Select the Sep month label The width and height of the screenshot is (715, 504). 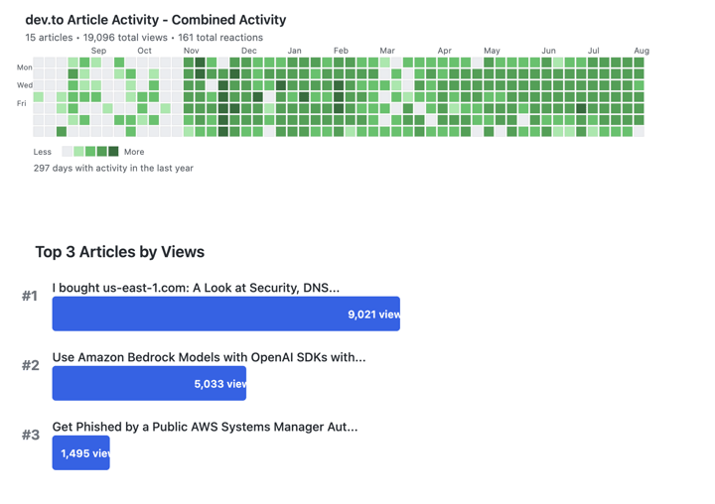(x=98, y=51)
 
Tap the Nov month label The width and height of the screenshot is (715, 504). (x=192, y=51)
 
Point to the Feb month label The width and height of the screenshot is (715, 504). (x=341, y=51)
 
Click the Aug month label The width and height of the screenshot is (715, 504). (x=642, y=51)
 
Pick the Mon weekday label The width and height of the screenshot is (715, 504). (x=24, y=67)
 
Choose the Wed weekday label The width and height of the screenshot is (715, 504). (x=24, y=85)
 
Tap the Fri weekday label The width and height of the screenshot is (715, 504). (x=22, y=103)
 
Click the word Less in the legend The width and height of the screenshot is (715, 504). (x=42, y=152)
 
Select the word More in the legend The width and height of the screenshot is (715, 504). (x=134, y=152)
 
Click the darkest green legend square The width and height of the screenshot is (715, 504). (x=113, y=152)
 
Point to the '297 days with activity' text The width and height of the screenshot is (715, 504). (x=113, y=169)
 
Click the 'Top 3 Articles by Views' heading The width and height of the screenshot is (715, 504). (x=119, y=252)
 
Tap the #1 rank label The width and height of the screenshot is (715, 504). (x=30, y=296)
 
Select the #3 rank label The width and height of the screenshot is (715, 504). (x=31, y=435)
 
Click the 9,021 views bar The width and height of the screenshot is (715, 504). (x=225, y=314)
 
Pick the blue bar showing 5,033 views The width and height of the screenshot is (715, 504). (x=149, y=383)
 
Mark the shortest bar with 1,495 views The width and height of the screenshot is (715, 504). (x=80, y=452)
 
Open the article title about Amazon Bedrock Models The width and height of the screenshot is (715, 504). (x=209, y=357)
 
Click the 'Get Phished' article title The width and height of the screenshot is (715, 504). (x=205, y=427)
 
